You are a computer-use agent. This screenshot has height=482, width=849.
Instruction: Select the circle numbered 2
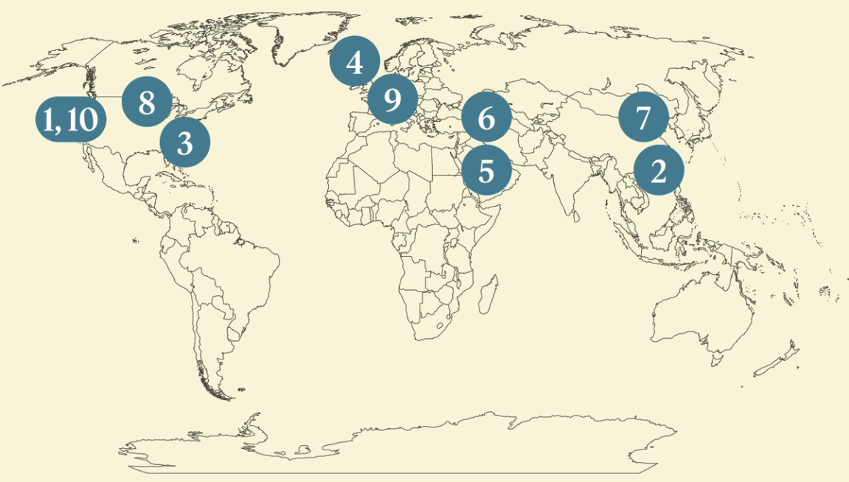659,171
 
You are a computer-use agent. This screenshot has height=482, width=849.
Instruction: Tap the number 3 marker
184,142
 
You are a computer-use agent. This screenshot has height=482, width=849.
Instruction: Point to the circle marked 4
355,62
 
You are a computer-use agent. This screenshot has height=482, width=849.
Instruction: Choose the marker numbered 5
486,171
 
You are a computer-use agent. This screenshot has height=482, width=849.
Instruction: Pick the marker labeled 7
643,117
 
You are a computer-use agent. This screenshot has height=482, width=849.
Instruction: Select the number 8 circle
147,102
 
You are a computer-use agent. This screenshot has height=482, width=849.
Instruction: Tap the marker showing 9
392,98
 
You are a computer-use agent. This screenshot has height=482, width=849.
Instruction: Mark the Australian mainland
701,310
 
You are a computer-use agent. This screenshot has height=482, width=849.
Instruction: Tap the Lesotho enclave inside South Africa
440,325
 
